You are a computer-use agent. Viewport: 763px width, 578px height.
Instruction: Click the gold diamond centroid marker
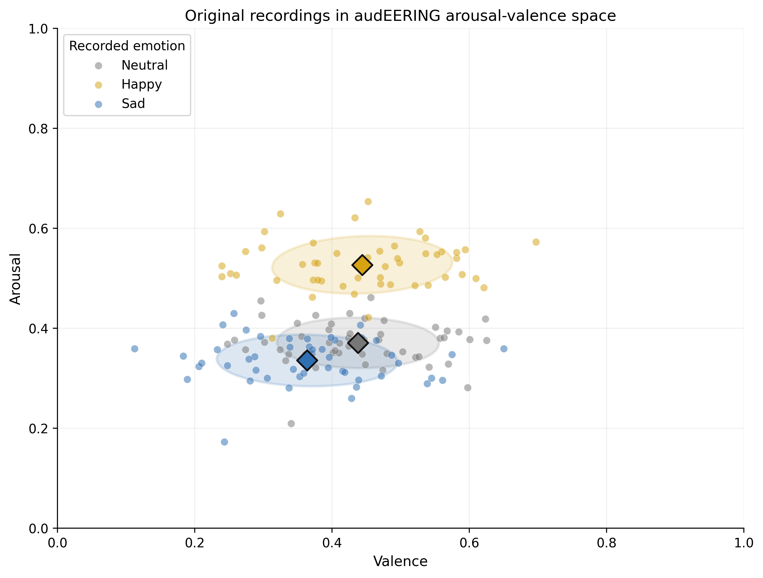[x=362, y=265]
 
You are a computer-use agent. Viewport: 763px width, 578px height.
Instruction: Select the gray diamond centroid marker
[x=358, y=343]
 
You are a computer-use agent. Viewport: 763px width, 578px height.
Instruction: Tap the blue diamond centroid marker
[x=307, y=360]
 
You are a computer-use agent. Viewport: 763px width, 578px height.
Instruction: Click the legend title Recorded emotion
[x=127, y=46]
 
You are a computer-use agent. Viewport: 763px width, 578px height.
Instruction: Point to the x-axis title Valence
[x=400, y=561]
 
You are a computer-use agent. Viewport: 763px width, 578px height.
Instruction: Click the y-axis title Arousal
[x=15, y=279]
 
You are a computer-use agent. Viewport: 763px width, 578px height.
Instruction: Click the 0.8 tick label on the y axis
[x=38, y=129]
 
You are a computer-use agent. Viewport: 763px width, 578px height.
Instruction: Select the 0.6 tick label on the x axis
[x=469, y=543]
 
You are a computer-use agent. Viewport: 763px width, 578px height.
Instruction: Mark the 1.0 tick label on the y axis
[x=38, y=29]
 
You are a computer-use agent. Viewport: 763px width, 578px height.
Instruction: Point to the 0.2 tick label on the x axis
[x=195, y=543]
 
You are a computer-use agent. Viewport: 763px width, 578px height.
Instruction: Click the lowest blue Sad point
[x=224, y=442]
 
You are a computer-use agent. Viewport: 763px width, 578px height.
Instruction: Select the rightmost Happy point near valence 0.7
[x=536, y=242]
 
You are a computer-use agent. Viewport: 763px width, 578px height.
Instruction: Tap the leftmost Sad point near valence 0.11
[x=135, y=349]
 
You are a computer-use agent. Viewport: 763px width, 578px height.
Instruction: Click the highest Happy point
[x=368, y=201]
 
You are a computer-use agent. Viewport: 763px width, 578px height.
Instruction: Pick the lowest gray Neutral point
[x=291, y=423]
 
